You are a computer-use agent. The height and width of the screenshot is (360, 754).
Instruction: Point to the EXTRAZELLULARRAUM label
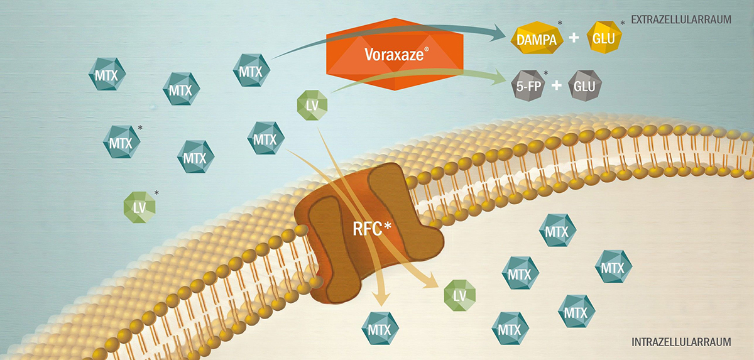tap(681, 19)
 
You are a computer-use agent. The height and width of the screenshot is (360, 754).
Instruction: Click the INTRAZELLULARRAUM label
tap(681, 342)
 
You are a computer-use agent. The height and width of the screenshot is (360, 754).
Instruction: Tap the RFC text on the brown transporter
tap(371, 227)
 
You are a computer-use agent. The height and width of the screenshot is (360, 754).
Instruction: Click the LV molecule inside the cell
tap(459, 295)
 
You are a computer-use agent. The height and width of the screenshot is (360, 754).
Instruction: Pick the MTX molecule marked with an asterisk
tap(121, 143)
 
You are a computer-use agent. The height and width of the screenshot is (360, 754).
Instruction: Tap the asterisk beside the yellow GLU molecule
tap(623, 23)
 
